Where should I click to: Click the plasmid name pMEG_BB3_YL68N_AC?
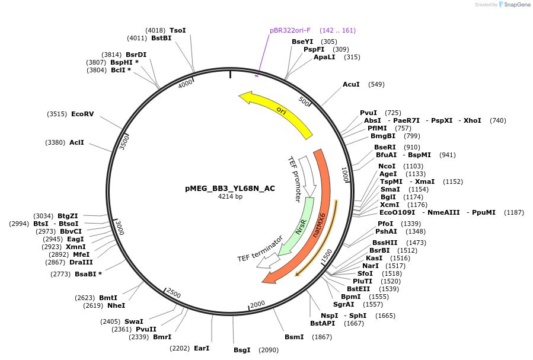pos(230,189)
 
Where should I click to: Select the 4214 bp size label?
pos(230,196)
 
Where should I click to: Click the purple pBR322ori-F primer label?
pos(290,30)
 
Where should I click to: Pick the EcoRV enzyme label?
pos(82,113)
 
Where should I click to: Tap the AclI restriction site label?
pos(77,142)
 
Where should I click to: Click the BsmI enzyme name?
pos(294,337)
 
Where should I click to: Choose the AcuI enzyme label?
pos(351,84)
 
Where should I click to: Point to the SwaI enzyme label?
pos(134,321)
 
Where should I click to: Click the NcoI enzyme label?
pos(387,166)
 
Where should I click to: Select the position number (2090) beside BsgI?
pos(269,350)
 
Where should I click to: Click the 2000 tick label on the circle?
pos(257,304)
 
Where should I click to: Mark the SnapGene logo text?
pos(516,4)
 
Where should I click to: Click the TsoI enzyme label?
pos(178,30)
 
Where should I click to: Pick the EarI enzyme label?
pos(202,348)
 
